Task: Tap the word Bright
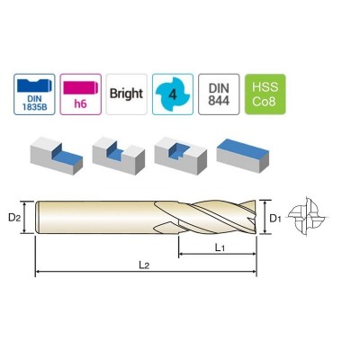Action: pos(127,94)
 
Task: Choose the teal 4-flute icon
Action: pos(173,93)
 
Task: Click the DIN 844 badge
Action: pos(218,93)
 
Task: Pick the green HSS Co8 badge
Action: pos(265,93)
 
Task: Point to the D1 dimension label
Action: pos(277,217)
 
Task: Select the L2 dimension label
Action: pos(144,263)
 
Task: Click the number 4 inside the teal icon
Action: pos(173,92)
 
